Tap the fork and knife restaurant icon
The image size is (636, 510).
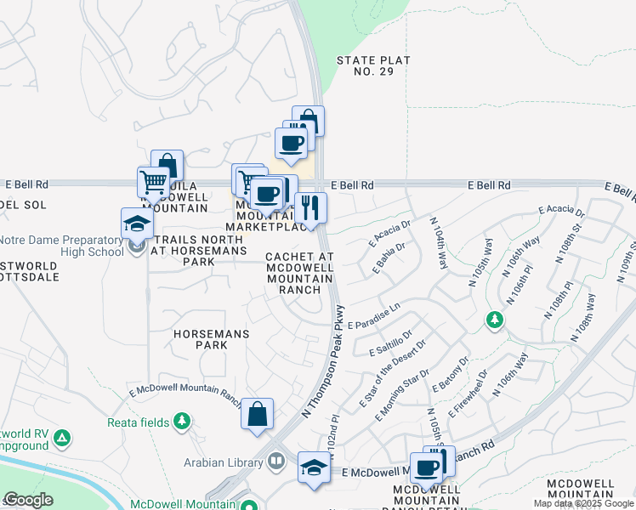[x=310, y=207]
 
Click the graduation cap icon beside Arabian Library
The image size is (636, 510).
[x=314, y=467]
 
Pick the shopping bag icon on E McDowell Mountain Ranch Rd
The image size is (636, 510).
[x=257, y=414]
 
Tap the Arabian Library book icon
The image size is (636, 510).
[x=276, y=462]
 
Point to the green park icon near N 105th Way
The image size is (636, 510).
[x=494, y=320]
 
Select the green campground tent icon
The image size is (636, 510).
[x=61, y=439]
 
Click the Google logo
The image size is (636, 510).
[x=27, y=500]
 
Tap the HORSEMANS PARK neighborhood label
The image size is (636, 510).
[x=201, y=340]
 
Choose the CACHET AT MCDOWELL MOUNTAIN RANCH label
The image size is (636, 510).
[x=300, y=273]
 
